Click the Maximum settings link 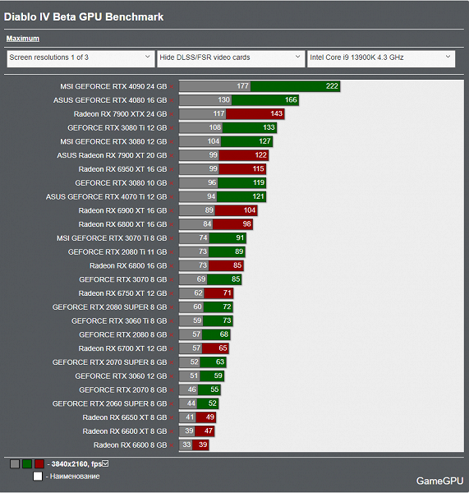23,39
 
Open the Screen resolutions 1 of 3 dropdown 80,58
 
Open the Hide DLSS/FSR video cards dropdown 231,58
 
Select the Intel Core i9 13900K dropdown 381,58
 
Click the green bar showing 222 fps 295,86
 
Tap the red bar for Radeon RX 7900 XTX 255,114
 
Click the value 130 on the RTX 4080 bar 223,100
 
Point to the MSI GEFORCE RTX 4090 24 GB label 113,86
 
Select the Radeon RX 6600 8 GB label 130,445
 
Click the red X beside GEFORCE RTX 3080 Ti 172,128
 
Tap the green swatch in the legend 27,463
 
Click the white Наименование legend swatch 38,477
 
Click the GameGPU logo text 439,481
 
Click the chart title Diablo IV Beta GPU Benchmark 84,17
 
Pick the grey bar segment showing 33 186,445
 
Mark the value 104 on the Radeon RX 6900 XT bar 250,210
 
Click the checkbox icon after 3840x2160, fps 105,463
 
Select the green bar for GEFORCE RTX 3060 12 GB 212,376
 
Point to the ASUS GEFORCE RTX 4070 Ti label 106,197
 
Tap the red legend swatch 39,463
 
